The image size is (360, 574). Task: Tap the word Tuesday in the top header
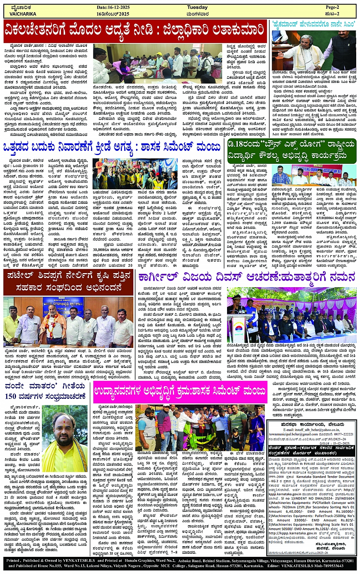(197, 8)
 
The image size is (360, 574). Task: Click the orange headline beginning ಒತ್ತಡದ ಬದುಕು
(112, 147)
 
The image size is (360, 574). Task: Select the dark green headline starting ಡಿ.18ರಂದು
(291, 150)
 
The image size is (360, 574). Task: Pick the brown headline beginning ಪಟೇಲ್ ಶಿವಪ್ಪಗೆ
(69, 280)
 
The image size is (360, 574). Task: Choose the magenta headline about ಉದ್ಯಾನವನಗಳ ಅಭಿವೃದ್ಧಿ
(180, 392)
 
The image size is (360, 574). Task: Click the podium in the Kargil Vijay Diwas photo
(238, 328)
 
